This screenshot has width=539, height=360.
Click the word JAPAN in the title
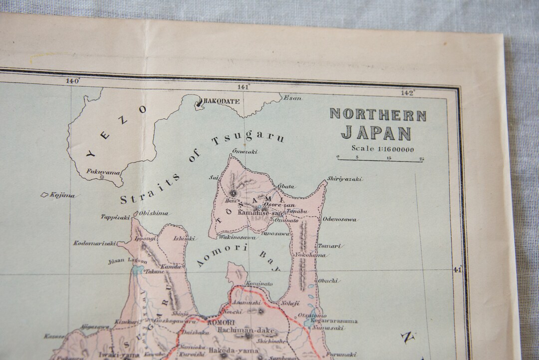(x=376, y=133)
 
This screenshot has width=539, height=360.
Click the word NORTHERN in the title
(x=378, y=114)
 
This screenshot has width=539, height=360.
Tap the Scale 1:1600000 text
(x=382, y=148)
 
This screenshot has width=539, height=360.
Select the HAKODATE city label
(x=223, y=101)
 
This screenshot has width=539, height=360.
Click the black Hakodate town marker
(x=201, y=103)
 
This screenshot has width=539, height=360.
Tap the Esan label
(x=292, y=98)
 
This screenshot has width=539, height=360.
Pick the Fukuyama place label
(x=103, y=172)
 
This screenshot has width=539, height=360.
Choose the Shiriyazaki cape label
(x=345, y=179)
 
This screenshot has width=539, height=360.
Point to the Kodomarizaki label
(x=95, y=243)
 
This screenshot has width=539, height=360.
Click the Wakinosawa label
(x=238, y=238)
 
